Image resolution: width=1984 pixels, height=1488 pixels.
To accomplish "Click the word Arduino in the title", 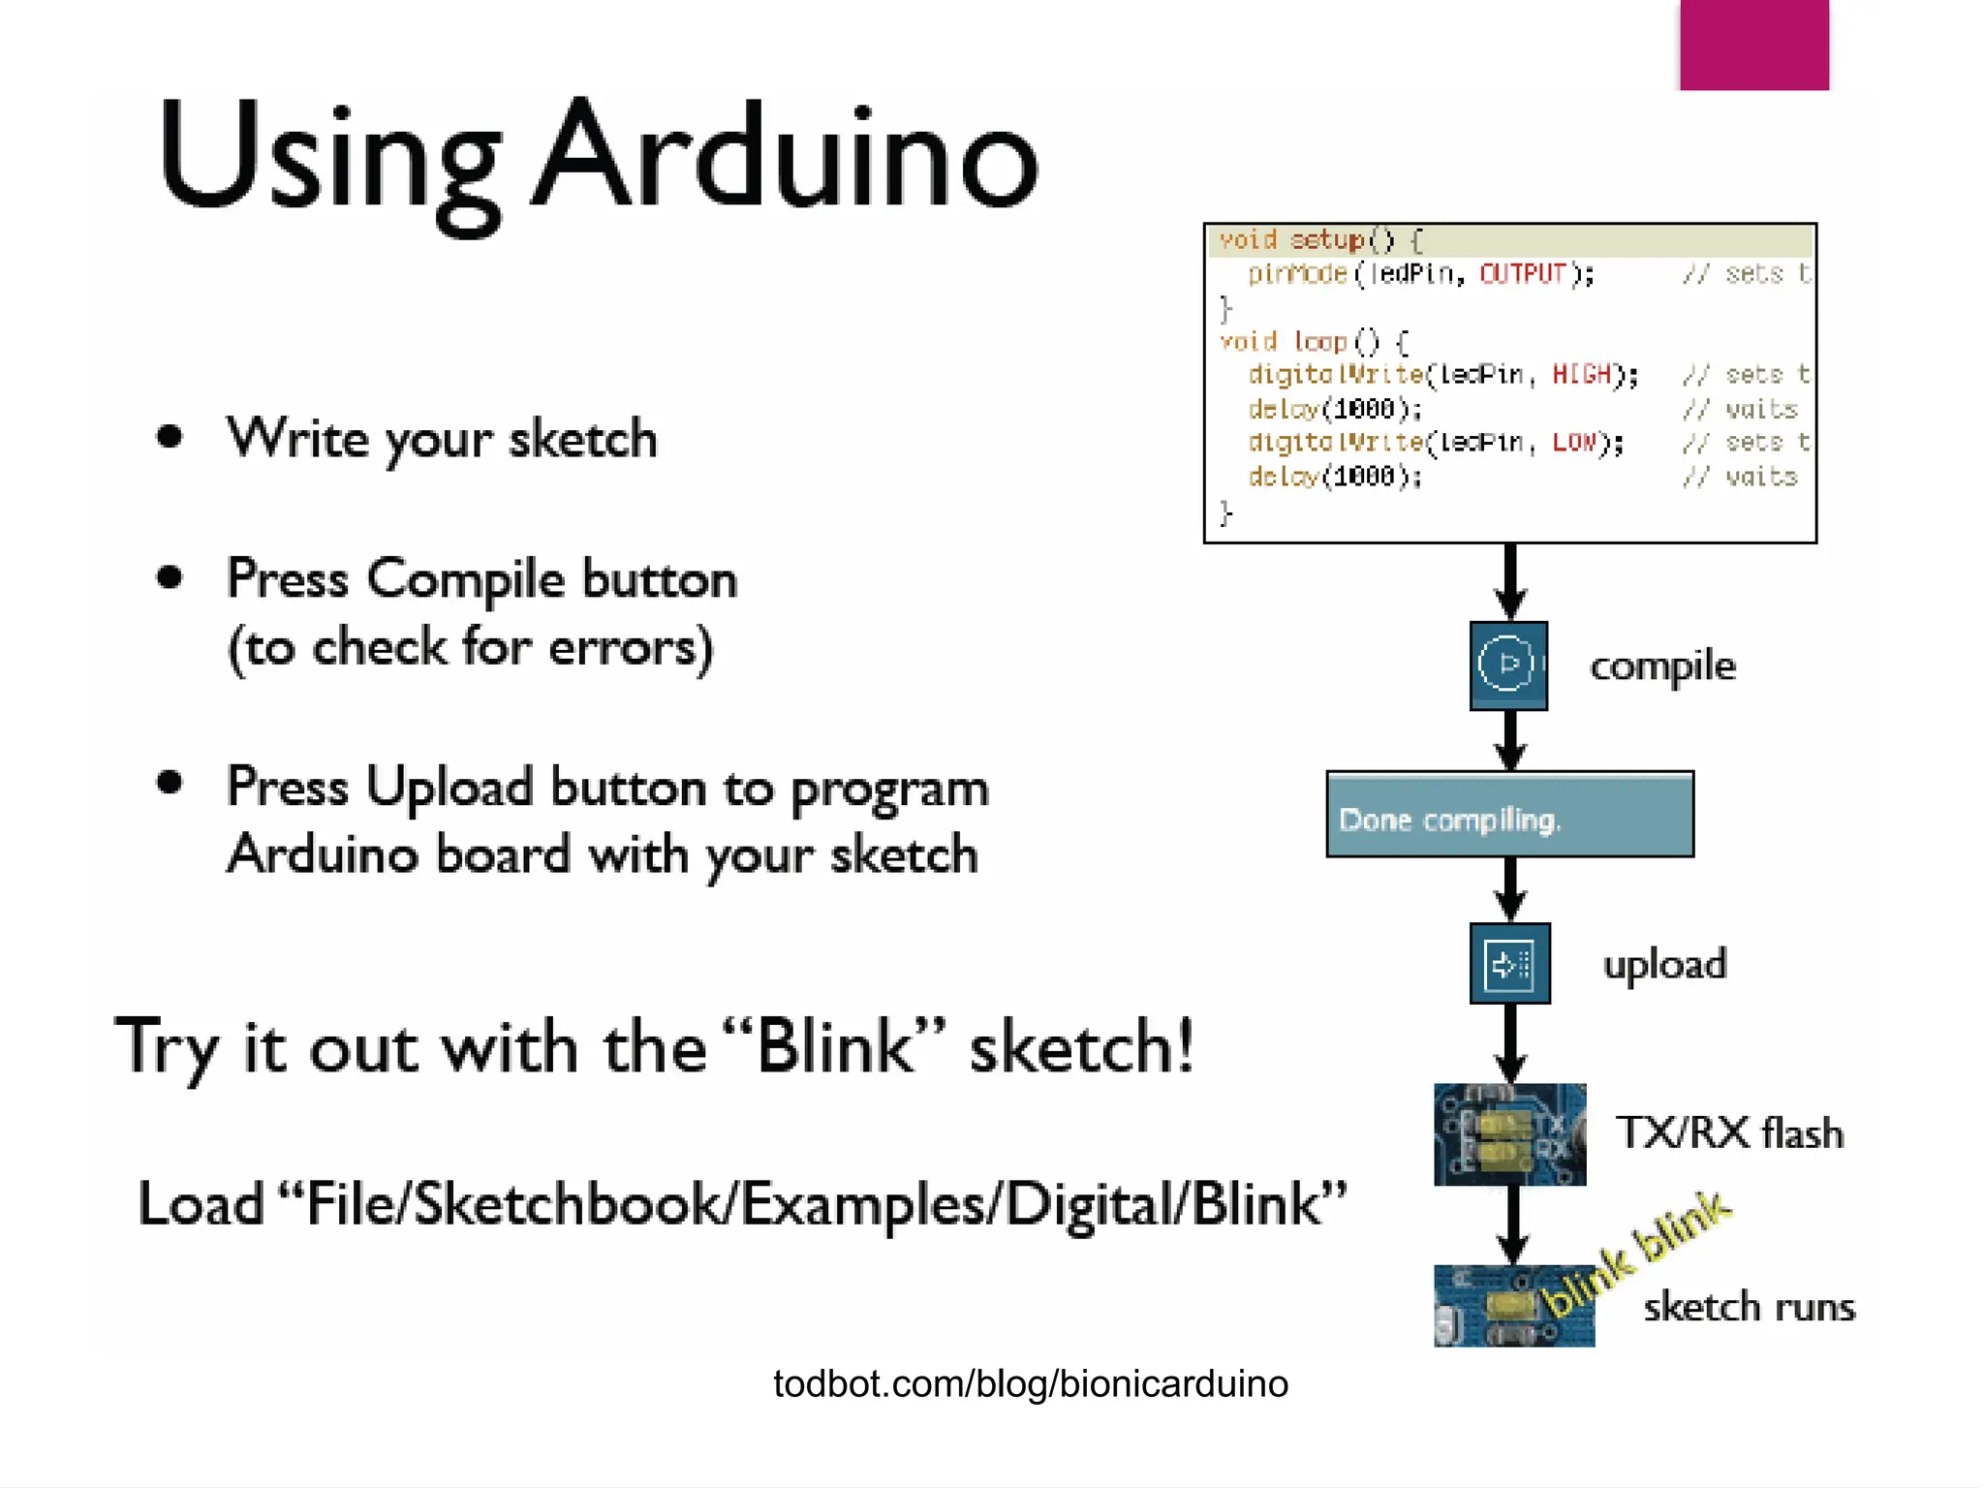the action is pyautogui.click(x=787, y=155).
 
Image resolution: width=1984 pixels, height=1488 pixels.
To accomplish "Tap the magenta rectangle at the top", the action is pyautogui.click(x=1753, y=45).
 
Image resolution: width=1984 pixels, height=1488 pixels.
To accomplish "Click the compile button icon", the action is pyautogui.click(x=1508, y=666).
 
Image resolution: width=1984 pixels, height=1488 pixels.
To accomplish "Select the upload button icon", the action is pyautogui.click(x=1509, y=964).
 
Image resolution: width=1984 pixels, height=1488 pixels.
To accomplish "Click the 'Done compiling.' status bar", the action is pyautogui.click(x=1509, y=815).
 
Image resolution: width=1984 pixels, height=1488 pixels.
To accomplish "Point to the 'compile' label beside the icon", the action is pyautogui.click(x=1662, y=666).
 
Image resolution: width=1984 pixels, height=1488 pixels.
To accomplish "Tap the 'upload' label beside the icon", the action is pyautogui.click(x=1664, y=965).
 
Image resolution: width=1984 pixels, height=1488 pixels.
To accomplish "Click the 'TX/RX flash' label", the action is pyautogui.click(x=1729, y=1132).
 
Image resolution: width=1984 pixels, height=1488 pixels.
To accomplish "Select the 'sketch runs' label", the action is pyautogui.click(x=1749, y=1307).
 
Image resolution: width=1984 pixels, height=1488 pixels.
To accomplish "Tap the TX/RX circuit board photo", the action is pyautogui.click(x=1509, y=1134).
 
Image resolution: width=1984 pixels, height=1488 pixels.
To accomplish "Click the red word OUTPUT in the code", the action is pyautogui.click(x=1523, y=274).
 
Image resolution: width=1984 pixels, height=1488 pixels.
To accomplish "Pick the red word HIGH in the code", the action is pyautogui.click(x=1582, y=375).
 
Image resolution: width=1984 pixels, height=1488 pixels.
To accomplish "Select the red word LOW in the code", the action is pyautogui.click(x=1574, y=443).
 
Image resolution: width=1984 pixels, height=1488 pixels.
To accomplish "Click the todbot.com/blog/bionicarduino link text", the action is pyautogui.click(x=1030, y=1383).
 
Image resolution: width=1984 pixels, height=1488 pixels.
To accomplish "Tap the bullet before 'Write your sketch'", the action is pyautogui.click(x=170, y=437).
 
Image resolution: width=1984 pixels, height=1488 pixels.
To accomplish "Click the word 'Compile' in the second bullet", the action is pyautogui.click(x=465, y=579).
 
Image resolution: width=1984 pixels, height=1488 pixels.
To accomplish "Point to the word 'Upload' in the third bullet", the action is pyautogui.click(x=449, y=787).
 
